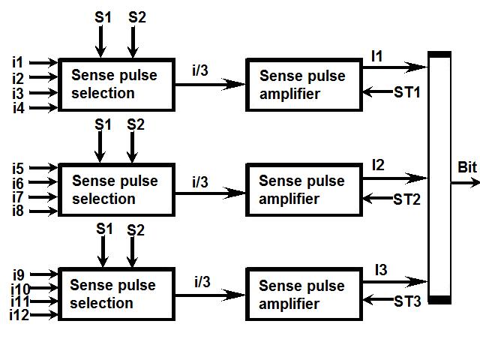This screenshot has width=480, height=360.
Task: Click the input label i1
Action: point(18,61)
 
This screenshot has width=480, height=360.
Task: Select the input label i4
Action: point(18,108)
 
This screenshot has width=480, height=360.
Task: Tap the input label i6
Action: point(18,183)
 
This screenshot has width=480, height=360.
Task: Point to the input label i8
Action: point(18,212)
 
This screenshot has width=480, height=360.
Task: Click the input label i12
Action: point(19,316)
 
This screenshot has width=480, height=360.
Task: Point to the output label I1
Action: point(376,56)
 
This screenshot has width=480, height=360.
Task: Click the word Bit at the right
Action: point(466,166)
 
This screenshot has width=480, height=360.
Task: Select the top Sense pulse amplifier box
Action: point(304,85)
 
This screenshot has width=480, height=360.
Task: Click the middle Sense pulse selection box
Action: point(116,190)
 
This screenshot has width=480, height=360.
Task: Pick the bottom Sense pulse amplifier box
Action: point(304,295)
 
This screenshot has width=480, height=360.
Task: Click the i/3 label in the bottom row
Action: point(202,282)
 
